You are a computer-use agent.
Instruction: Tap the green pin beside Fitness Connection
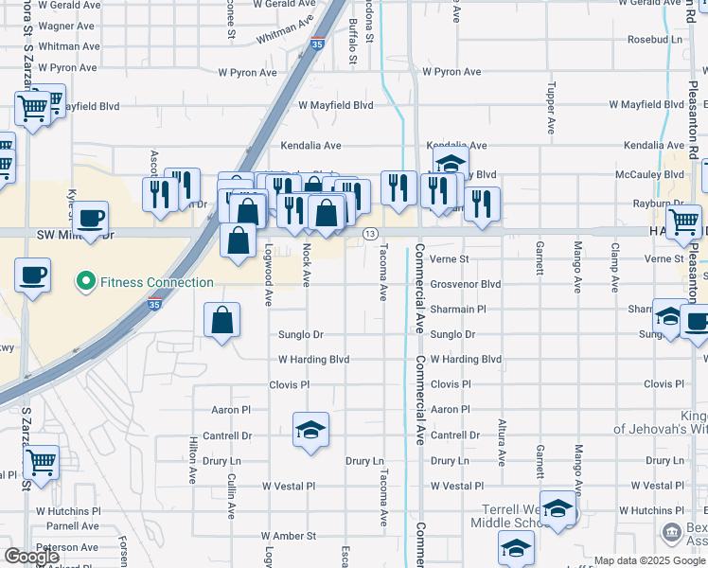[85, 282]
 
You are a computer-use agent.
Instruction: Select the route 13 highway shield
[370, 234]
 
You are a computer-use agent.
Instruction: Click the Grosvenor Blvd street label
[466, 284]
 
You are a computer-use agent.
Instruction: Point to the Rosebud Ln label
[655, 40]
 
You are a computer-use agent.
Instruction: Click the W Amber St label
[289, 536]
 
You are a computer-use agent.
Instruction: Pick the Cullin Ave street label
[232, 496]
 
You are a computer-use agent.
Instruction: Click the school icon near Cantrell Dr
[310, 431]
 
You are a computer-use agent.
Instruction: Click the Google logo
[32, 557]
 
